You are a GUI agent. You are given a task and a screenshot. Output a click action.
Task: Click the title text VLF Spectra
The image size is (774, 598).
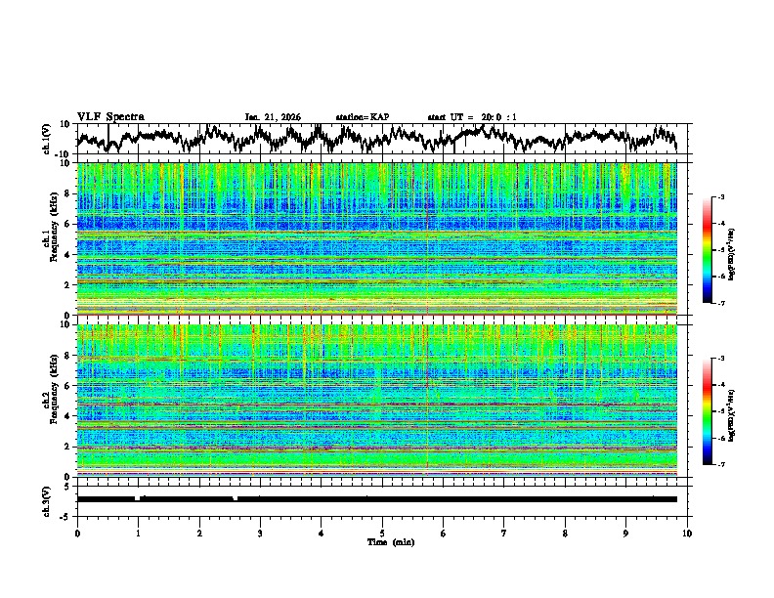tap(110, 116)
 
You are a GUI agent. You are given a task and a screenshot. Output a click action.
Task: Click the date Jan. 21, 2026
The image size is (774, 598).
tap(273, 117)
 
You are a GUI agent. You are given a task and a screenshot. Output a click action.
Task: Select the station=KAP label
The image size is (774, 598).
tap(362, 117)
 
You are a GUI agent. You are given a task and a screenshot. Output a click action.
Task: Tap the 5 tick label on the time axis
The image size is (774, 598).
tap(382, 532)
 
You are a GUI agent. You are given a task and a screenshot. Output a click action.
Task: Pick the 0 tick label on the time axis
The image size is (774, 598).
tap(77, 532)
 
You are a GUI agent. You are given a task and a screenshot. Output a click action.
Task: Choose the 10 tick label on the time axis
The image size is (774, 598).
tap(687, 532)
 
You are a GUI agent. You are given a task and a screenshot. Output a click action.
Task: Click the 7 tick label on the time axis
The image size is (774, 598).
tap(504, 532)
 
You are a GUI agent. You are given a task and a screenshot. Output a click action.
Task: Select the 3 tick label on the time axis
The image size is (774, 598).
tap(260, 532)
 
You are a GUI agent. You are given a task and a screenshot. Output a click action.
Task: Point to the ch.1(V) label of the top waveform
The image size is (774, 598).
tap(47, 139)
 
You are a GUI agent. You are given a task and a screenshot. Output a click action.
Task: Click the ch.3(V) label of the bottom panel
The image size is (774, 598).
tap(47, 498)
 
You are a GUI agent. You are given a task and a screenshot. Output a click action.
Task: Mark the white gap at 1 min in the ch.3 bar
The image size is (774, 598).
tap(138, 498)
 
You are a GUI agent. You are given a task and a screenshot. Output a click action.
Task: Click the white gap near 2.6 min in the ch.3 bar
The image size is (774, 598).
tap(236, 498)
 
